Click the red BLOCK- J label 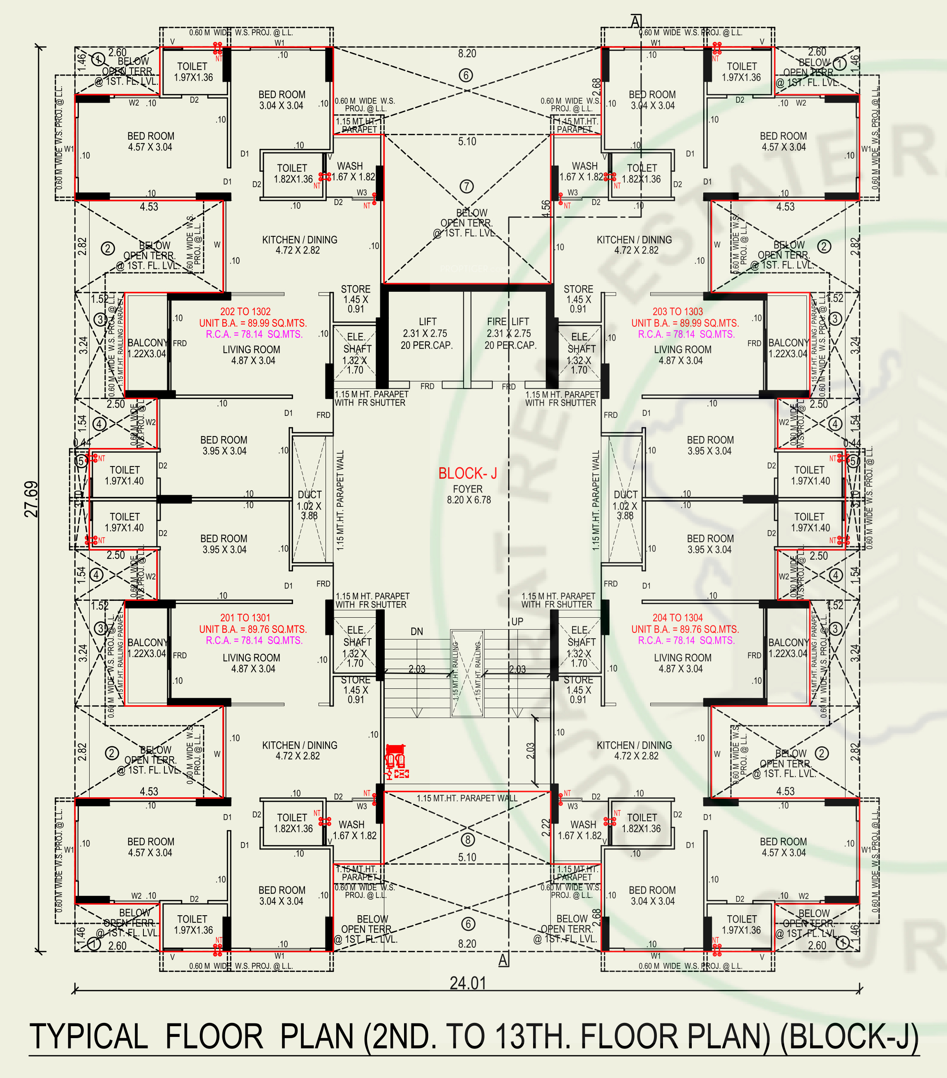coord(467,473)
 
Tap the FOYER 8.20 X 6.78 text coord(468,494)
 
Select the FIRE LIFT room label coord(508,322)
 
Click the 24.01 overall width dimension coord(467,983)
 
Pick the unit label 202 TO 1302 coord(245,312)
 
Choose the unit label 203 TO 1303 coord(677,312)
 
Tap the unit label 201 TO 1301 coord(245,618)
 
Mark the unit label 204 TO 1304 coord(677,618)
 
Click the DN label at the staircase coord(417,631)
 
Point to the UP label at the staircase coord(517,621)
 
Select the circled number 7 coord(467,186)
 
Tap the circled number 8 coord(467,839)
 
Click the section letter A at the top coord(636,22)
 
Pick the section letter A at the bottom coord(504,960)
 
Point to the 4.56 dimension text coord(545,208)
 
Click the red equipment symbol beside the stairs coord(396,761)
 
